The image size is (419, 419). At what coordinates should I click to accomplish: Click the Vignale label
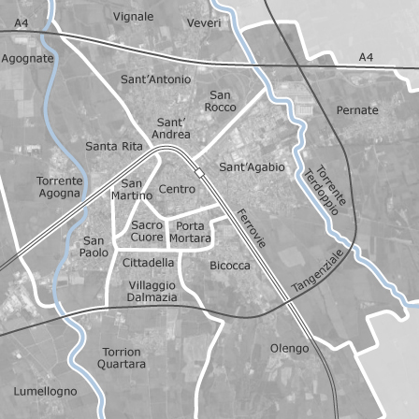133,16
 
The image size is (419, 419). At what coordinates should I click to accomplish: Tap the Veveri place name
204,22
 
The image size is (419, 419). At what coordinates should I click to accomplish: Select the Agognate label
27,58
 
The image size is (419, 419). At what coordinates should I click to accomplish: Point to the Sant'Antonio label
156,79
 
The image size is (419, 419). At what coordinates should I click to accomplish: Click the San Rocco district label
221,101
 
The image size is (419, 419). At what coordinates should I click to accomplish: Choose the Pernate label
357,110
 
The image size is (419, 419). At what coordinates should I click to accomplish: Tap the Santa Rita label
114,146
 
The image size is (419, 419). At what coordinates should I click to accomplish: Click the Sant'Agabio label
252,167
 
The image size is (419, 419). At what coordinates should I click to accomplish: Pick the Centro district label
178,189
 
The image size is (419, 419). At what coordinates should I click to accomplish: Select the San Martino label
132,189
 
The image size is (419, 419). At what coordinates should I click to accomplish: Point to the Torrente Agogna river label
60,187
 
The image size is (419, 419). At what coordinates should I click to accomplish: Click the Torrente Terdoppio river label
326,191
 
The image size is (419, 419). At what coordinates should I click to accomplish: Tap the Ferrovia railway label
252,227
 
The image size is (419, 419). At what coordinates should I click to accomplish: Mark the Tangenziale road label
318,270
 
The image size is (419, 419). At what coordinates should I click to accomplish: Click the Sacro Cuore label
147,231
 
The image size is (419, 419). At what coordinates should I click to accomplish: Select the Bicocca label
230,266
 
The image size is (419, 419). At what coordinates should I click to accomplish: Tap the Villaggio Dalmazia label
152,291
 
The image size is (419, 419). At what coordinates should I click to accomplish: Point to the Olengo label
289,348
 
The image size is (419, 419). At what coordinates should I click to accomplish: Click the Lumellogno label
46,391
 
